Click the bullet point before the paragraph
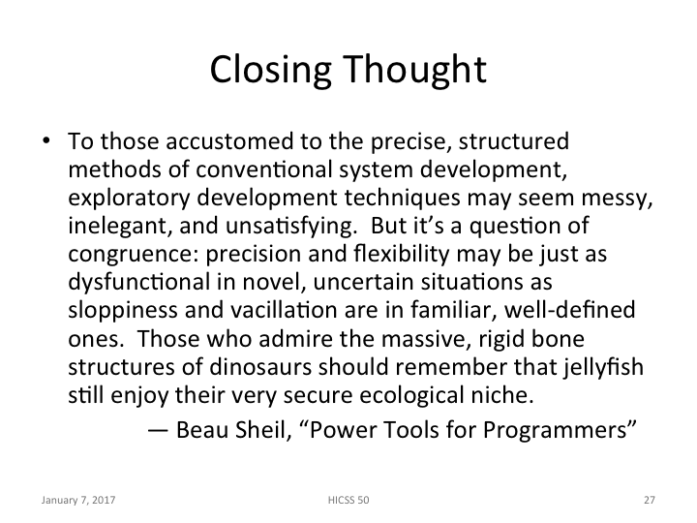[45, 141]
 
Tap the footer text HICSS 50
[348, 501]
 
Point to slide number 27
[649, 501]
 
